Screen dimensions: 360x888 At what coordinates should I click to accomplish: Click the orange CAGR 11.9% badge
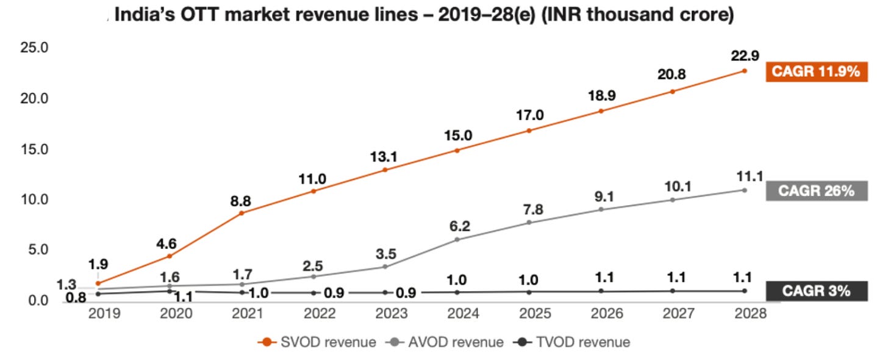click(816, 71)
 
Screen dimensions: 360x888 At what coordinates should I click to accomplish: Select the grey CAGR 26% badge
click(816, 191)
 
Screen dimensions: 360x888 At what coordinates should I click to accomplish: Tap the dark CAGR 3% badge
click(816, 290)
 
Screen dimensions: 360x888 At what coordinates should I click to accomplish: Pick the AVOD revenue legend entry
click(445, 342)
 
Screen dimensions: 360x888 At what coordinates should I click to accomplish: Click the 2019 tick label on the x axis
click(104, 314)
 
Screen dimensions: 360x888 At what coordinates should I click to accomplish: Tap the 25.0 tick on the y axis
click(34, 48)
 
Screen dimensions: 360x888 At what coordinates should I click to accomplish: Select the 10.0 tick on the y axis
click(34, 200)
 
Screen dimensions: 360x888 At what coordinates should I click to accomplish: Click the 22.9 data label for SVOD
click(745, 56)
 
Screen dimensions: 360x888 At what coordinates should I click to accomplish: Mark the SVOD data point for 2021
click(242, 213)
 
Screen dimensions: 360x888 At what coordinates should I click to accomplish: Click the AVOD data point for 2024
click(457, 240)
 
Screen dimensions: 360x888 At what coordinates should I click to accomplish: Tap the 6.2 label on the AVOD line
click(460, 226)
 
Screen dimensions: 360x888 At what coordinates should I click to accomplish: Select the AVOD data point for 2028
click(745, 190)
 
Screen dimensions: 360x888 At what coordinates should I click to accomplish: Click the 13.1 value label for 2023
click(384, 157)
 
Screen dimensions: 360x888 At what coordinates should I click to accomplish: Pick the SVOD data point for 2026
click(601, 111)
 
